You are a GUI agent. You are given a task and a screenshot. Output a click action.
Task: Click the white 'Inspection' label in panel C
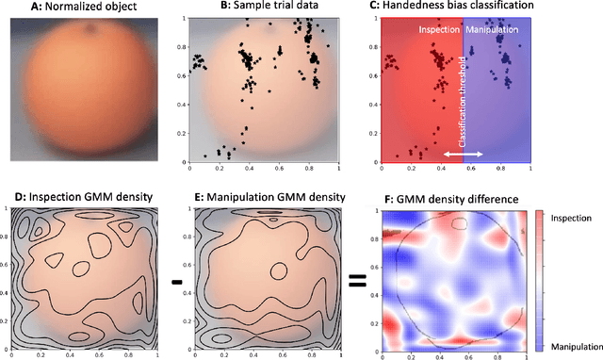[440, 31]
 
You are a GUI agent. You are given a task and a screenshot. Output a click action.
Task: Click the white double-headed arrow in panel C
[464, 154]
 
